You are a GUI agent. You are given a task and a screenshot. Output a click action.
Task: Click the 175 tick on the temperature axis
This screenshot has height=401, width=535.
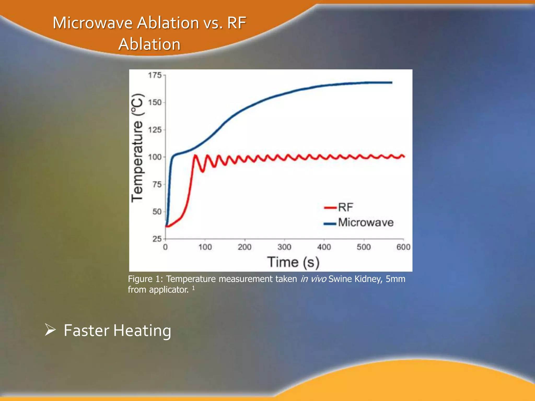pyautogui.click(x=155, y=75)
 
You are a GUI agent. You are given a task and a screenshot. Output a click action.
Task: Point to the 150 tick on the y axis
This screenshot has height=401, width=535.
pyautogui.click(x=155, y=102)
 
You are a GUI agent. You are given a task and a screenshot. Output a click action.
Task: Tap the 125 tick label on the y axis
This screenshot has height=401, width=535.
pyautogui.click(x=155, y=130)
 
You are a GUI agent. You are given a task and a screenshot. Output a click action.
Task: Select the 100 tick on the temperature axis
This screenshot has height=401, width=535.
pyautogui.click(x=155, y=157)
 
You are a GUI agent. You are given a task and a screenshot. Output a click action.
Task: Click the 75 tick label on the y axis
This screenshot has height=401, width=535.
pyautogui.click(x=157, y=185)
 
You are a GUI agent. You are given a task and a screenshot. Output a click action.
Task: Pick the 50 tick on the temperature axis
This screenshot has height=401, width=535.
pyautogui.click(x=157, y=212)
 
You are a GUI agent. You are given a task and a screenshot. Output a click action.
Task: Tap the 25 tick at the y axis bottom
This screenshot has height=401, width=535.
pyautogui.click(x=157, y=239)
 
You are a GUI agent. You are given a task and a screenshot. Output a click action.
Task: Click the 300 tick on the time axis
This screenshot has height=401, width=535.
pyautogui.click(x=284, y=247)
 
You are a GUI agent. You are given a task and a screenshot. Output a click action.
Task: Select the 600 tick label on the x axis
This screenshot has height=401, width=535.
pyautogui.click(x=403, y=247)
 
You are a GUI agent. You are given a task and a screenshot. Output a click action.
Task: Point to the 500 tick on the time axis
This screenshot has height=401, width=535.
pyautogui.click(x=364, y=247)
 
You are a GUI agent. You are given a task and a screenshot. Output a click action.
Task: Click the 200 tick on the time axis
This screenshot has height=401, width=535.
pyautogui.click(x=245, y=247)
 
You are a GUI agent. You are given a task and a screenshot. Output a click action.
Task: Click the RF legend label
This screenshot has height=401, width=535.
pyautogui.click(x=345, y=208)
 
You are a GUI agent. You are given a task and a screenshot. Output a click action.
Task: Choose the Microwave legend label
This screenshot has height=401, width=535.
pyautogui.click(x=366, y=222)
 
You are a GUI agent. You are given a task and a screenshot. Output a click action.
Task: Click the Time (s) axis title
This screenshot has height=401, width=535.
pyautogui.click(x=293, y=262)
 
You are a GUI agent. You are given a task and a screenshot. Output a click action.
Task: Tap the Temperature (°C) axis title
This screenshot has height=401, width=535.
pyautogui.click(x=137, y=148)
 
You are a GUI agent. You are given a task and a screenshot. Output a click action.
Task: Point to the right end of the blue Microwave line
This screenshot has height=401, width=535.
pyautogui.click(x=392, y=82)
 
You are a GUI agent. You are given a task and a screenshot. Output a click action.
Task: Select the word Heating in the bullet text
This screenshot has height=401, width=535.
pyautogui.click(x=142, y=331)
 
